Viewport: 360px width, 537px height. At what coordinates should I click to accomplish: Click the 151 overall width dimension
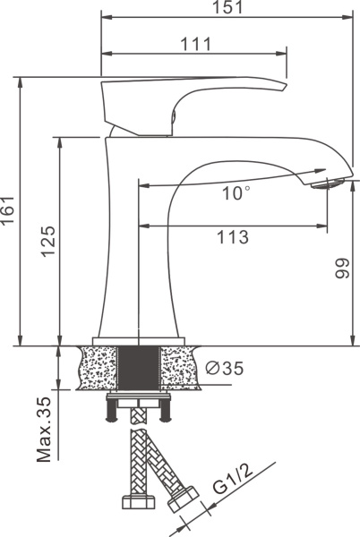click(x=227, y=7)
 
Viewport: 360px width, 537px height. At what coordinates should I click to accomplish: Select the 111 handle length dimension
click(x=196, y=44)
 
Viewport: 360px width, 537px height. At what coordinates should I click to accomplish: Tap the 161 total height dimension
click(x=7, y=210)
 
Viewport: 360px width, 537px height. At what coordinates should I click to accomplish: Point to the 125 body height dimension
click(x=48, y=241)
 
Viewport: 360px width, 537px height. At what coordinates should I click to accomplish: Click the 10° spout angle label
click(x=236, y=193)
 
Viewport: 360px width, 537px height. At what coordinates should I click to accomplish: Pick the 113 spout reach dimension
click(x=233, y=237)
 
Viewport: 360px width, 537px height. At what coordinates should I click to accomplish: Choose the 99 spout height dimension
click(x=342, y=268)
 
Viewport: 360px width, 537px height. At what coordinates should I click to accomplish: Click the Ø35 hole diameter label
click(x=225, y=369)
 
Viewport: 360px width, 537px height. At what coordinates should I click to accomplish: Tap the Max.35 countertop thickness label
click(x=44, y=430)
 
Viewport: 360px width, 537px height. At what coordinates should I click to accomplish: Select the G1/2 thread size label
click(x=233, y=480)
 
